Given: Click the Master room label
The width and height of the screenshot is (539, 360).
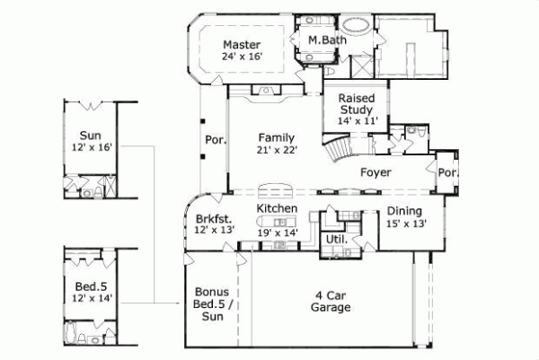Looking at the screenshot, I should click(241, 44).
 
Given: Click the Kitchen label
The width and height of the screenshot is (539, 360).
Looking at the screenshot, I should click(277, 208).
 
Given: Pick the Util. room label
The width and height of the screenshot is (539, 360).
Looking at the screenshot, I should click(337, 240).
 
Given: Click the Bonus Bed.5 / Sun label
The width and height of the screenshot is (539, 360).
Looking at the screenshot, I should click(213, 304).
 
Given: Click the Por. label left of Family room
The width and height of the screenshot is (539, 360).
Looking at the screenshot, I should click(216, 139).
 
